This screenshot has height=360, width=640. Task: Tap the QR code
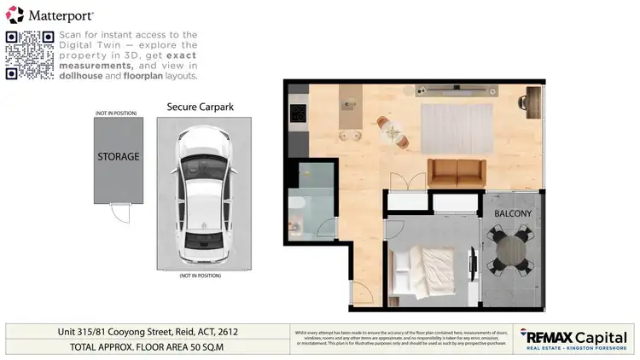tap(29, 55)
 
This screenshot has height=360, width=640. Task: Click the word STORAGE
tap(118, 157)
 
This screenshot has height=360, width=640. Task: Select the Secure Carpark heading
tap(201, 107)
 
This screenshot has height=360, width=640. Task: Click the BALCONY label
tap(513, 213)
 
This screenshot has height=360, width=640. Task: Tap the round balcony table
tap(510, 250)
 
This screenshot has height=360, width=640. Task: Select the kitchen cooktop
tap(298, 113)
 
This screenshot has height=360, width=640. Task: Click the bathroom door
tap(324, 229)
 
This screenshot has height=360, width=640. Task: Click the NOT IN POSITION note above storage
tap(117, 113)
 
